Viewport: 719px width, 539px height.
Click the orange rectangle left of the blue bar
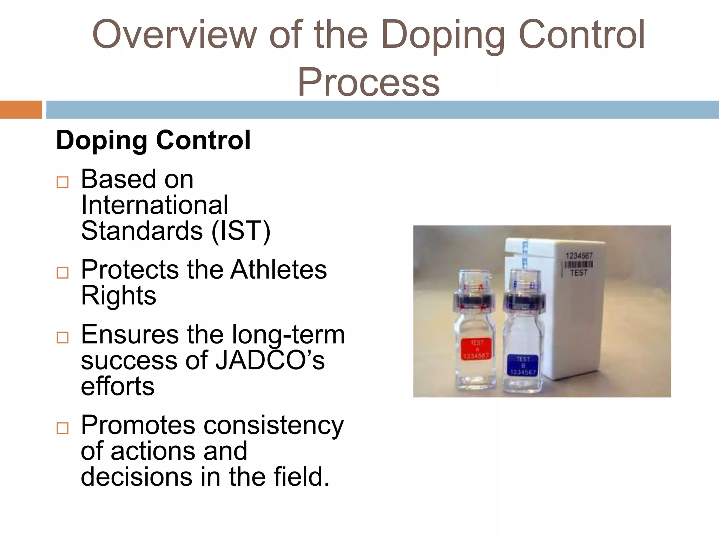pyautogui.click(x=21, y=109)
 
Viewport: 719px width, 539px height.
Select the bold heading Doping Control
pyautogui.click(x=153, y=140)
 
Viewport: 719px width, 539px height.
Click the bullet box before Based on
pyautogui.click(x=62, y=182)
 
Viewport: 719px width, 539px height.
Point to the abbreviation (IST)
pyautogui.click(x=240, y=231)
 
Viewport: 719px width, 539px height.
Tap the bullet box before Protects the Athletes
pyautogui.click(x=62, y=272)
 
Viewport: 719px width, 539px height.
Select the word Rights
pyautogui.click(x=118, y=295)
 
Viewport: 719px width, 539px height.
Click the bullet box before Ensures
pyautogui.click(x=62, y=337)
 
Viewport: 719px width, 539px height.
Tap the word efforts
pyautogui.click(x=118, y=386)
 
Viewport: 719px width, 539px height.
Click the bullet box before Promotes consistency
pyautogui.click(x=62, y=428)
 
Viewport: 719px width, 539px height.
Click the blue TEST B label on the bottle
pyautogui.click(x=523, y=365)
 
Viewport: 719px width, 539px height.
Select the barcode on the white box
pyautogui.click(x=579, y=265)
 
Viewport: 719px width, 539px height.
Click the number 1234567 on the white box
pyautogui.click(x=579, y=256)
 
